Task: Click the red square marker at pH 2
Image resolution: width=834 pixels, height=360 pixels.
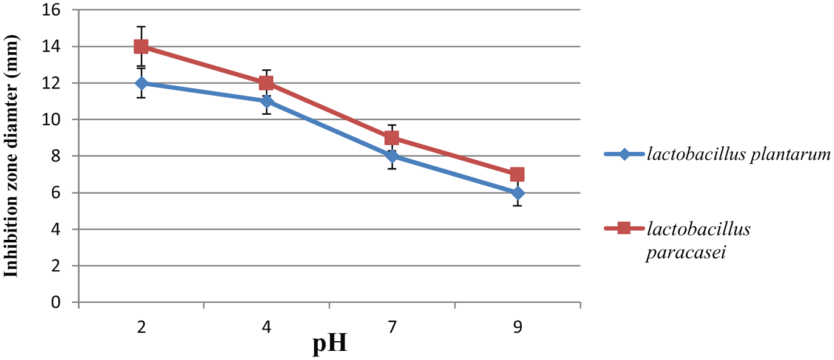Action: pos(141,46)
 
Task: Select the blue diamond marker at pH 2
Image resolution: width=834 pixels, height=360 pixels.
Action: pos(141,83)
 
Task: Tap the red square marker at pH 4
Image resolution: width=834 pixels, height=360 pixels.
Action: pos(266,83)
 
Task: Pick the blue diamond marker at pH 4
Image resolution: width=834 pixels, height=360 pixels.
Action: pos(266,101)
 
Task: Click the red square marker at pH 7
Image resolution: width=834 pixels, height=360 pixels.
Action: pos(392,138)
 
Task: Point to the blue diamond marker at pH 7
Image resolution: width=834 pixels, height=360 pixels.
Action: pos(392,156)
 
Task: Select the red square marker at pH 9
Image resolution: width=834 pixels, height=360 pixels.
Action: pos(517,174)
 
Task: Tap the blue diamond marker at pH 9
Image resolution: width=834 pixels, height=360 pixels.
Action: pos(517,193)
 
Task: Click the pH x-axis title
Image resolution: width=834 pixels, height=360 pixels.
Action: pos(330,345)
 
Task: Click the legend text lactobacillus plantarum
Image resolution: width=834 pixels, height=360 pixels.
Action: pos(739,154)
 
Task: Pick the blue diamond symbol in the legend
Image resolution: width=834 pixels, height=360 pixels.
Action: pos(624,154)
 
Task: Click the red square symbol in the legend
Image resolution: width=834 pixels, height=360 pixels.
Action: pos(624,228)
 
